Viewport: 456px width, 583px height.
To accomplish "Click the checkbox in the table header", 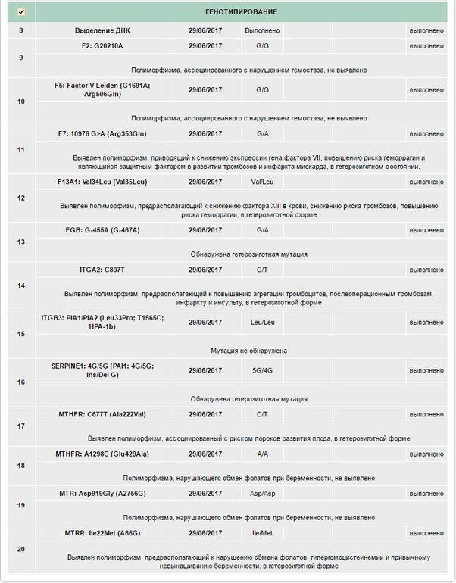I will tap(20, 12).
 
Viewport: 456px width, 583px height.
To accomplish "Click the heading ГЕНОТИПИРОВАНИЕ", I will tap(241, 12).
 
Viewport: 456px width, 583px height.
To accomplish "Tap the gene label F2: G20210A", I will tap(103, 45).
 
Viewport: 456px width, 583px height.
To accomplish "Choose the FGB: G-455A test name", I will tap(103, 229).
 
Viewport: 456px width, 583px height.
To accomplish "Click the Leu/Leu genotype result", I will tap(262, 321).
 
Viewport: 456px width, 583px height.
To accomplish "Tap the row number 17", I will tap(20, 426).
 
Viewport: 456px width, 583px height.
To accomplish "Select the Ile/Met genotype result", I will tap(262, 533).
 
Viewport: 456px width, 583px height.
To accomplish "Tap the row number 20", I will tap(20, 550).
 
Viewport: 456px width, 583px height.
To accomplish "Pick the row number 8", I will tap(20, 30).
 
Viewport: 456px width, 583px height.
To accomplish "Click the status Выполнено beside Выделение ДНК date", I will tap(262, 30).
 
